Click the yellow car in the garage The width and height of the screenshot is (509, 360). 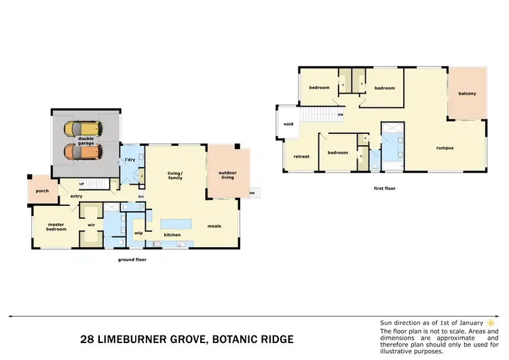click(x=80, y=128)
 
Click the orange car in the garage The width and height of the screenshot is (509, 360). click(x=80, y=151)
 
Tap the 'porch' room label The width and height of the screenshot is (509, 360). click(x=41, y=191)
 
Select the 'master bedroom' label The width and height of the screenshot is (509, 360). click(x=56, y=227)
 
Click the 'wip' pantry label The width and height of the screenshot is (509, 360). click(x=138, y=233)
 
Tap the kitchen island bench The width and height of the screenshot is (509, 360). click(x=176, y=223)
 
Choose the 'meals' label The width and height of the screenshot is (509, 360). click(x=214, y=226)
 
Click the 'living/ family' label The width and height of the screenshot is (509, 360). click(x=176, y=176)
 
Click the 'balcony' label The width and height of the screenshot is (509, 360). click(x=467, y=94)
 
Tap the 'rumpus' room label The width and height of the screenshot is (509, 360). click(x=445, y=147)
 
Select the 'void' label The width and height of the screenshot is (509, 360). click(x=288, y=124)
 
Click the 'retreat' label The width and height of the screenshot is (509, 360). click(x=301, y=156)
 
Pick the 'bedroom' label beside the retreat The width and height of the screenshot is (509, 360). click(x=337, y=153)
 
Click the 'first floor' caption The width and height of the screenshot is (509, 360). click(x=384, y=187)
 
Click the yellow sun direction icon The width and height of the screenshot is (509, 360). click(x=490, y=321)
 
